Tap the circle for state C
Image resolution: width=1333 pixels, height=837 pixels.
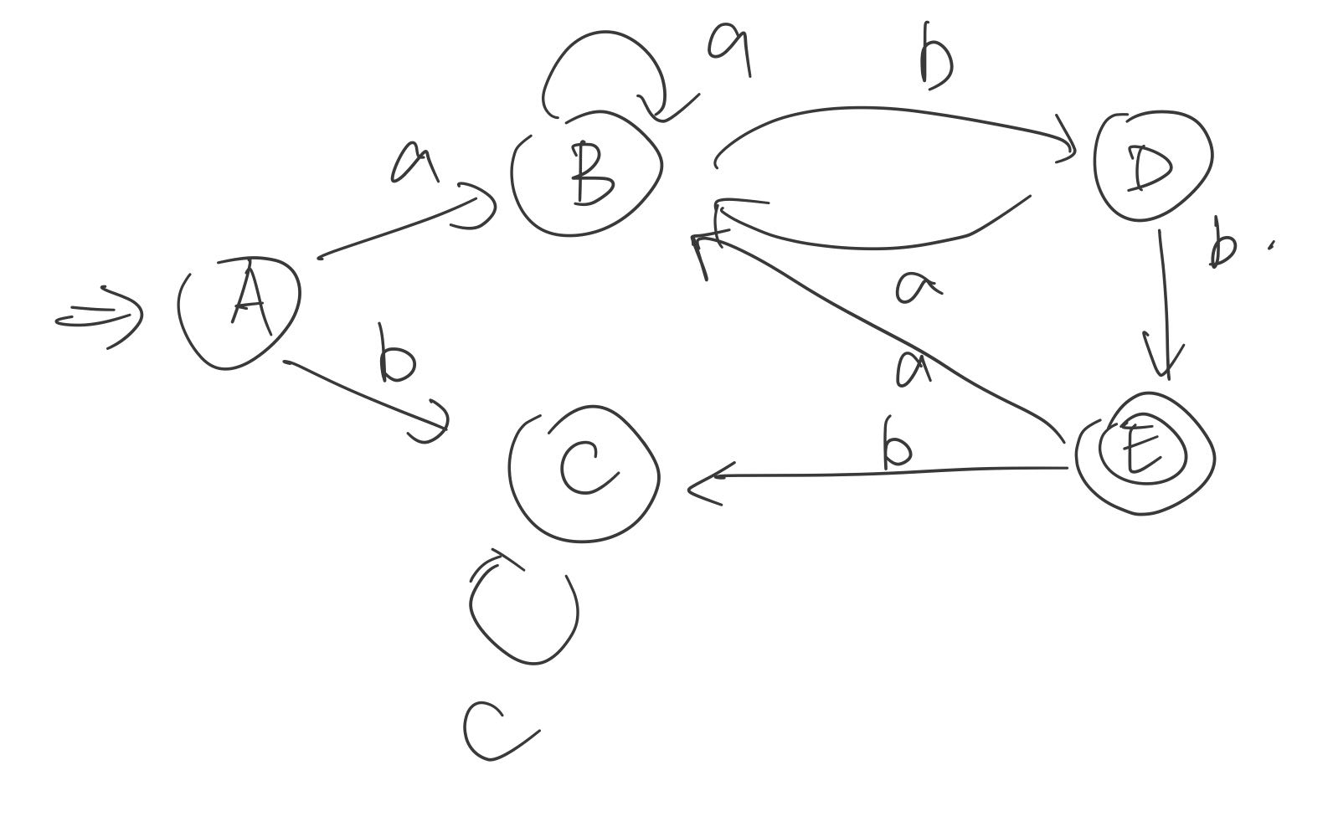(x=585, y=473)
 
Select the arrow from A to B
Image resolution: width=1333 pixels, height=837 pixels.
(x=402, y=226)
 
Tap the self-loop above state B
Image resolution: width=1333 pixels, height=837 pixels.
(x=603, y=71)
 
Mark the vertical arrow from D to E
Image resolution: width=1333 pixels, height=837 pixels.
(x=1165, y=301)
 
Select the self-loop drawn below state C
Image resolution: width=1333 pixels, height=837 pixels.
(x=523, y=611)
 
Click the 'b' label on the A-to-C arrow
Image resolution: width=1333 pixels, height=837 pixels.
(x=395, y=356)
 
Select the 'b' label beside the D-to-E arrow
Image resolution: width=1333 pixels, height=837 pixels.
(x=1222, y=243)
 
